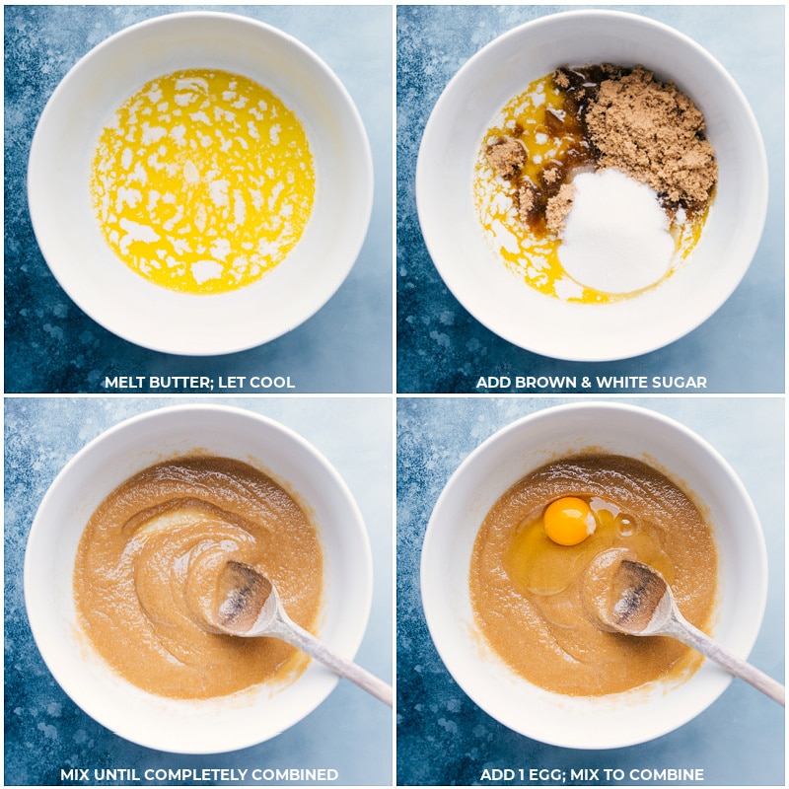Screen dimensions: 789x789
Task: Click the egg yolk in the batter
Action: click(x=568, y=522)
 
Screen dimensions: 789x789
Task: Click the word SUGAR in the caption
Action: click(x=680, y=383)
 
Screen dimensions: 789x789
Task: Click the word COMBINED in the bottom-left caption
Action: click(x=294, y=775)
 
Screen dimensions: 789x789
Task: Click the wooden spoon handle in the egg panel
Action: click(x=730, y=659)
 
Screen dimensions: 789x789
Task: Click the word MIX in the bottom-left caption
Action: click(x=74, y=775)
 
